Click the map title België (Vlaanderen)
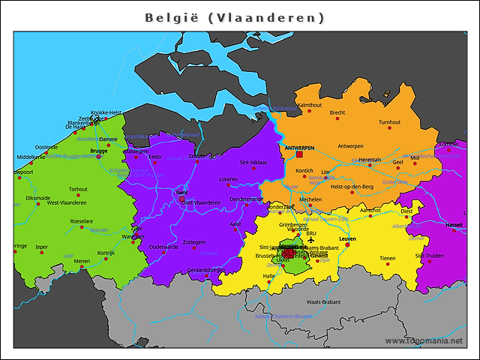235,16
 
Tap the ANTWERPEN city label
299,148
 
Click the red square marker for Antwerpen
300,155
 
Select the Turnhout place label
389,122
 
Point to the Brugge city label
99,151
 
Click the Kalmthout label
310,105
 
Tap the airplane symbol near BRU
310,241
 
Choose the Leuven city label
347,238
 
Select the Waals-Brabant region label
323,301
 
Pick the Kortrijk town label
106,253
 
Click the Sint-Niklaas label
253,162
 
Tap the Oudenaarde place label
163,246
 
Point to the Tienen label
387,258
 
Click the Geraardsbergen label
205,269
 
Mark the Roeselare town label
82,221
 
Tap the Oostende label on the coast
46,147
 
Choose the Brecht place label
337,113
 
